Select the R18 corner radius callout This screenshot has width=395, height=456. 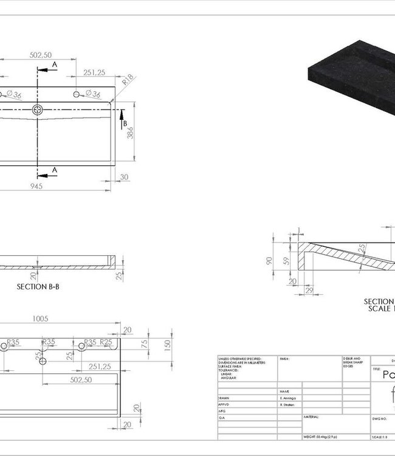tap(128, 79)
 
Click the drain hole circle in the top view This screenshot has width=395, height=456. tap(38, 110)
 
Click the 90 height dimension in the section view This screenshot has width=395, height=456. tap(269, 260)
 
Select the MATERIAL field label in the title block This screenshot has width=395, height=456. tap(311, 417)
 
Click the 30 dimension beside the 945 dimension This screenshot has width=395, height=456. tap(125, 177)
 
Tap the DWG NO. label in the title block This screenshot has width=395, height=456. tap(380, 418)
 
